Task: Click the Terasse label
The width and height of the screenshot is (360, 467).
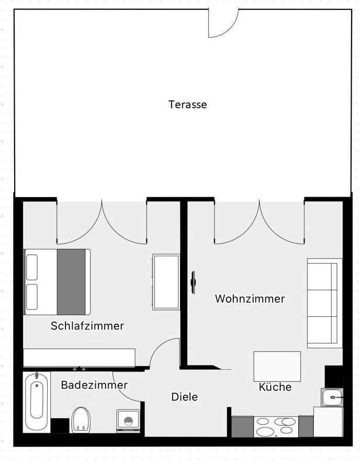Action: [187, 105]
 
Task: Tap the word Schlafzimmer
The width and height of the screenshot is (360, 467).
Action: [87, 326]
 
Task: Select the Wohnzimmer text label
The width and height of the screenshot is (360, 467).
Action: [250, 299]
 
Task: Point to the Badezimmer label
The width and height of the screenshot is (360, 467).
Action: [94, 385]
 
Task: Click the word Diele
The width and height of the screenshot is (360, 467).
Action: [185, 397]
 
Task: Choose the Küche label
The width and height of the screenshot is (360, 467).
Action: [275, 388]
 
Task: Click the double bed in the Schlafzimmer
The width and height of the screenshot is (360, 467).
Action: [58, 282]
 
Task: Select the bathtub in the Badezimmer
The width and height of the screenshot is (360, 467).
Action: [37, 401]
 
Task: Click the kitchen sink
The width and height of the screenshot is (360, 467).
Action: [332, 398]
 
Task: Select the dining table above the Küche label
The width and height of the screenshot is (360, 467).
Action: [277, 367]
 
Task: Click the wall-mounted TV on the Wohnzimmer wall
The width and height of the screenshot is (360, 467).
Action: [193, 282]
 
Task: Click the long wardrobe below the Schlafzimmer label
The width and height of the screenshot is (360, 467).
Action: [79, 358]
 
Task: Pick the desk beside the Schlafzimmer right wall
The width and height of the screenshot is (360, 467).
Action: [166, 282]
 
